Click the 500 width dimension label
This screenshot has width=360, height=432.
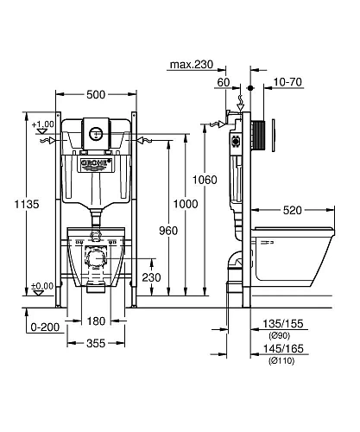click(96, 94)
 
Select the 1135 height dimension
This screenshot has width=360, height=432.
click(27, 204)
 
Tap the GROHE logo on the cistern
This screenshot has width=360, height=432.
click(96, 163)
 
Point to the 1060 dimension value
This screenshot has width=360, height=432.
click(205, 180)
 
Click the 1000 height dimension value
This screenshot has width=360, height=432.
click(186, 204)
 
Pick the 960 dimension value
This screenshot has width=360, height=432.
click(168, 231)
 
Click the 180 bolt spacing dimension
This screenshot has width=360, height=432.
click(96, 321)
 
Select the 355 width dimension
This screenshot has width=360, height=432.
click(96, 343)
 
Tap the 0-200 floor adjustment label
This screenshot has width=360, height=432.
click(45, 327)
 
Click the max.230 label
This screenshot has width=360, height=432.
click(192, 65)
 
